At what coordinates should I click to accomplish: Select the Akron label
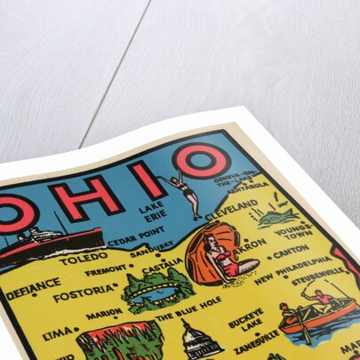(x=252, y=242)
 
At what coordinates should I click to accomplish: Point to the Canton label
(x=292, y=252)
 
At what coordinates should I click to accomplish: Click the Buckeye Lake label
(x=245, y=317)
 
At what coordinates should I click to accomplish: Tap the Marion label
(x=104, y=314)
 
